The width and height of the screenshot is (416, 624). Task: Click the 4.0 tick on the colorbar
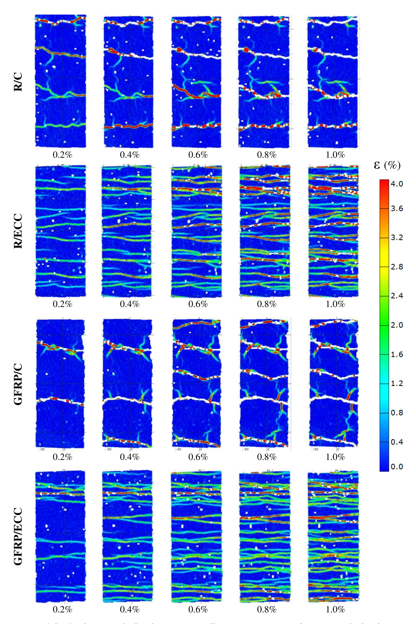point(397,184)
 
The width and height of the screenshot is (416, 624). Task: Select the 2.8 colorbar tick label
point(397,267)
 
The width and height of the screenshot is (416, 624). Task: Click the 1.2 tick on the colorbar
point(397,383)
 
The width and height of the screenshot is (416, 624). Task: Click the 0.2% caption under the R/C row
point(63,155)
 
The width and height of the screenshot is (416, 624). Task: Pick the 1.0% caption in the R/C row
point(335,155)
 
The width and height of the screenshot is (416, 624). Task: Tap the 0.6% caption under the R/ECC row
point(198,304)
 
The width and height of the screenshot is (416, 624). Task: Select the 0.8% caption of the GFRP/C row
point(267,457)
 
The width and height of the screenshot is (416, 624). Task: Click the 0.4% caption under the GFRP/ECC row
point(130,609)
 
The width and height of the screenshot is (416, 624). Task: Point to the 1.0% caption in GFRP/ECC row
point(335,609)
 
